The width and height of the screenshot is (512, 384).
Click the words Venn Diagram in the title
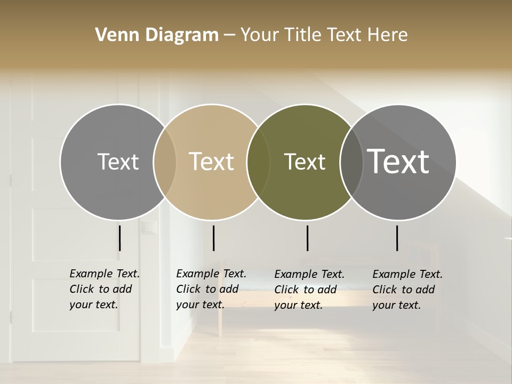coord(157,35)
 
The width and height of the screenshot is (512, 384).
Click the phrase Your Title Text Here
coord(324,35)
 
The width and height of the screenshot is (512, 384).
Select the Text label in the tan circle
coord(211,162)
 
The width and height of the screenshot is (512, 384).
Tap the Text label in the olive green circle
coord(305,162)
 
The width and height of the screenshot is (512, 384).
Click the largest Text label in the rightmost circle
coord(398,161)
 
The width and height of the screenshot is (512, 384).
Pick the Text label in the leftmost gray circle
coord(118,162)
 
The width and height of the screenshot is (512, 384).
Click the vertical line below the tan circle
coord(213,238)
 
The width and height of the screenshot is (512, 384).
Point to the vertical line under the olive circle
coord(307,238)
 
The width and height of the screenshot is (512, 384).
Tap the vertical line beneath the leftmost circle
coord(119,238)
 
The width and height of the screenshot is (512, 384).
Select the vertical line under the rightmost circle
coord(397,238)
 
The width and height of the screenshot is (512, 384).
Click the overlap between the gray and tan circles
coord(165,162)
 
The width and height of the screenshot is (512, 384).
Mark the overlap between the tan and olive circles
coord(258,162)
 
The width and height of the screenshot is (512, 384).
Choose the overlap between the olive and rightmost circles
coord(351,162)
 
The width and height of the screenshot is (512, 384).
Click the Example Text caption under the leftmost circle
coord(104,289)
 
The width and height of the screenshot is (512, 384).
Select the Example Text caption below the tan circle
coord(211,289)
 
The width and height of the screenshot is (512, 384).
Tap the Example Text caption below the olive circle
coord(309,290)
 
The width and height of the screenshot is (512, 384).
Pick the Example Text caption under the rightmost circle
coord(407,290)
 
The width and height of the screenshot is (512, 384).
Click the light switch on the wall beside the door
coord(149,228)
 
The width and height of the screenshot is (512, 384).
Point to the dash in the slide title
coord(229,35)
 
